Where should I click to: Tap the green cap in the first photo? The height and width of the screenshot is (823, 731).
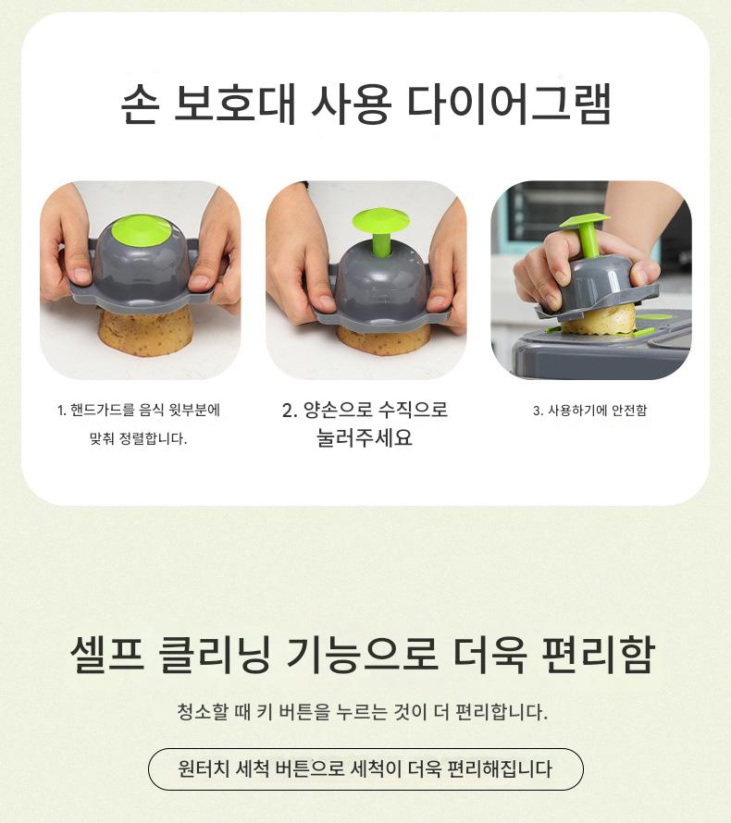pyautogui.click(x=141, y=231)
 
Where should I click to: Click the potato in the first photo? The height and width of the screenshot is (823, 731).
pyautogui.click(x=144, y=332)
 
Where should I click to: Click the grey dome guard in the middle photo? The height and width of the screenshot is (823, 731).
pyautogui.click(x=381, y=286)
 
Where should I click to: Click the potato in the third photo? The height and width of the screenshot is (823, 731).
pyautogui.click(x=599, y=319)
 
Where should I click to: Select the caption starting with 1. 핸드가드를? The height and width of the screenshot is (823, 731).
pyautogui.click(x=139, y=410)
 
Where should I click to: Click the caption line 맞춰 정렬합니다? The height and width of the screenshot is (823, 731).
pyautogui.click(x=139, y=438)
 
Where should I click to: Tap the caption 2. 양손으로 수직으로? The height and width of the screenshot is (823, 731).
pyautogui.click(x=365, y=410)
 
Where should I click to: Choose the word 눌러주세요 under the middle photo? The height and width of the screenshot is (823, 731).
pyautogui.click(x=365, y=437)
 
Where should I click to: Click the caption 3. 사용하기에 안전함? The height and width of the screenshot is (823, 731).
pyautogui.click(x=590, y=411)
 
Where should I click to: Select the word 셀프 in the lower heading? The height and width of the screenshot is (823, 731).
pyautogui.click(x=107, y=654)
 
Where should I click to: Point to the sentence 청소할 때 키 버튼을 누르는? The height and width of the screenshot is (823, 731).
pyautogui.click(x=363, y=712)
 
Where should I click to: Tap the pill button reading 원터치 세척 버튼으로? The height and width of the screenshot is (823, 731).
pyautogui.click(x=365, y=769)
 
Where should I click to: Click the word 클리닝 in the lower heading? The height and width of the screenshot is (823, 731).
pyautogui.click(x=215, y=655)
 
